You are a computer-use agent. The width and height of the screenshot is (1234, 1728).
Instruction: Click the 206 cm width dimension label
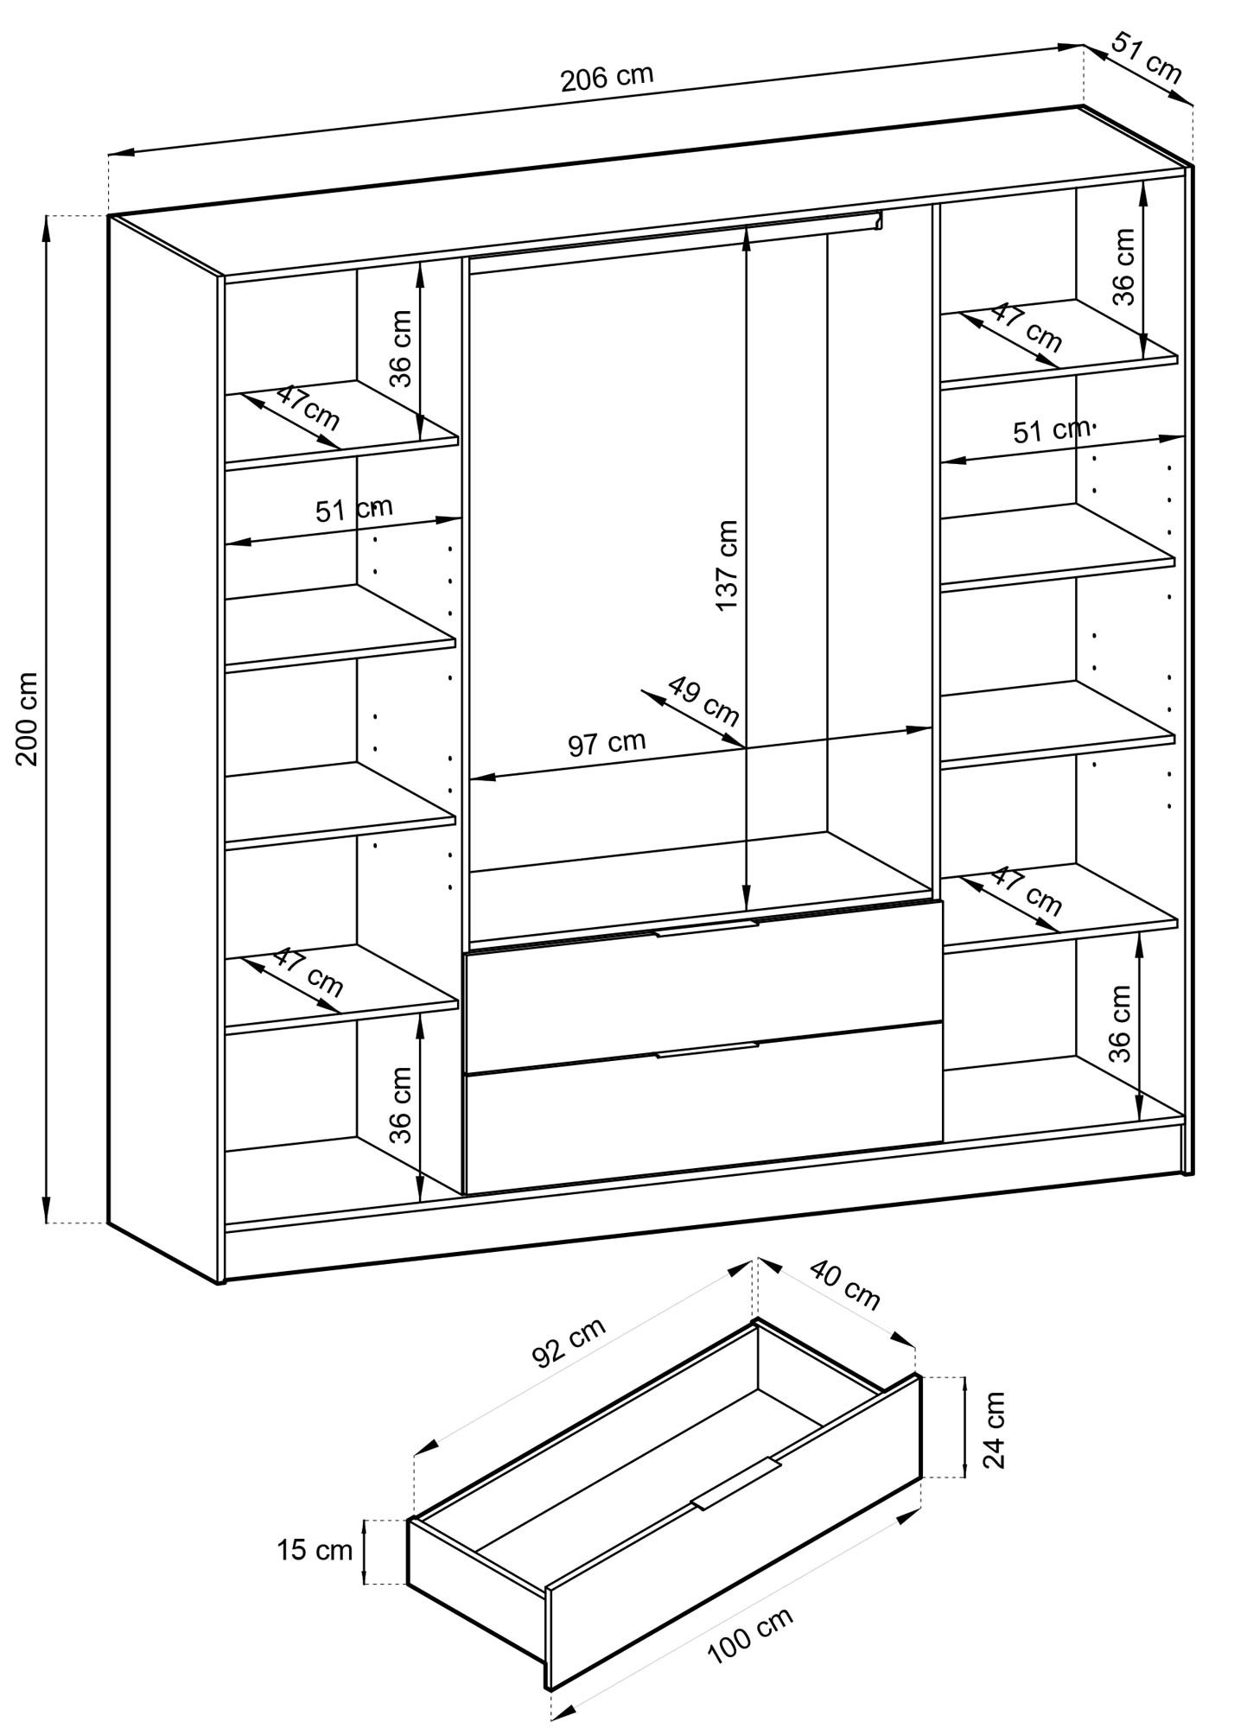pos(607,79)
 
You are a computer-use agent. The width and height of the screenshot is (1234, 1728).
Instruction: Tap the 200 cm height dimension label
pos(27,718)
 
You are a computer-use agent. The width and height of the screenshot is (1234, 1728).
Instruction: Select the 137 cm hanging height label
pos(727,565)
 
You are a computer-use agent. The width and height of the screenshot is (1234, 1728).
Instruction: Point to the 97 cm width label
pos(607,742)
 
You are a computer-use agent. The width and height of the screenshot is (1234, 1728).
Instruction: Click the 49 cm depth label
pos(704,701)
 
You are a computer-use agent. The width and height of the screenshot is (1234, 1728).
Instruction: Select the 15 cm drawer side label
pos(315,1550)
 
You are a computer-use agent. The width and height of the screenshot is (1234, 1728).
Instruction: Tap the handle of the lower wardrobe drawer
pos(706,1050)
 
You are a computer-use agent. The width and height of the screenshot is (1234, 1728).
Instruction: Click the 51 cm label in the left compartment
pos(353,510)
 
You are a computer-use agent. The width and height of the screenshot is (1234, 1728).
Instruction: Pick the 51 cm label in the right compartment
pos(1052,429)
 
